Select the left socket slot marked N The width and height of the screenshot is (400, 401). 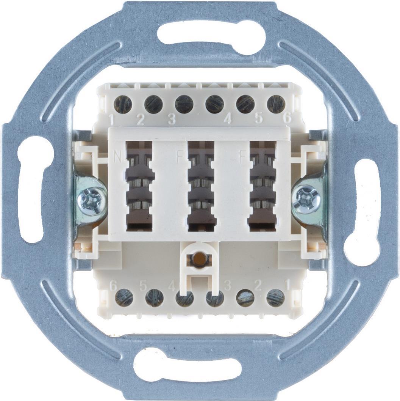[x=139, y=186]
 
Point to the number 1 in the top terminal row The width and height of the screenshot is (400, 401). [x=111, y=120]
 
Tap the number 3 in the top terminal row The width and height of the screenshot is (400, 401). [x=171, y=120]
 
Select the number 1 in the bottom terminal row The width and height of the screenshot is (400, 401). [x=287, y=283]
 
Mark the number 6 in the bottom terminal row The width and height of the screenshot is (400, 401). [x=113, y=286]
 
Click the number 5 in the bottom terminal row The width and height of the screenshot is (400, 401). [x=143, y=285]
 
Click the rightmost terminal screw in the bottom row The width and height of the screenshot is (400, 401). [x=275, y=298]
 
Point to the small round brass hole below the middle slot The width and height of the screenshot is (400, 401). [x=200, y=259]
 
